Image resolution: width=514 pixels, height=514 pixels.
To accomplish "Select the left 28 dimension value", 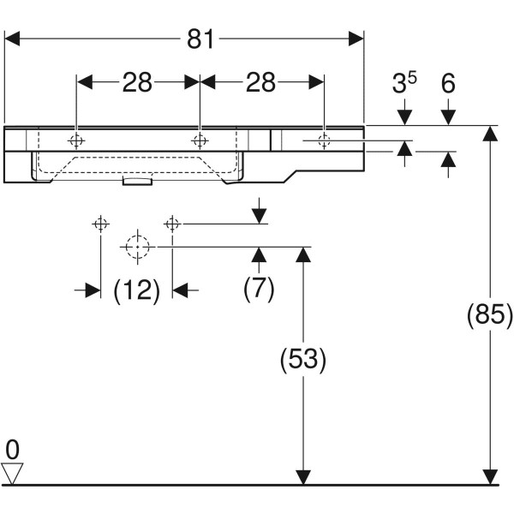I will [x=136, y=82].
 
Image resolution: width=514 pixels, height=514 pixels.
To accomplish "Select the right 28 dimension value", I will [x=261, y=82].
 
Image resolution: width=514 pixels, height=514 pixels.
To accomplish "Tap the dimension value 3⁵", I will [x=404, y=82].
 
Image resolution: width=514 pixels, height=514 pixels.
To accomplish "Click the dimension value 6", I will [x=447, y=82].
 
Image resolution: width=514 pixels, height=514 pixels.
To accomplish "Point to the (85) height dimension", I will [x=489, y=314].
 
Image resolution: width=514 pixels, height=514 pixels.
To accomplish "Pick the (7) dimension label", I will [x=259, y=290].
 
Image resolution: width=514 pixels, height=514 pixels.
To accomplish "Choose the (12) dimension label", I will [x=137, y=290].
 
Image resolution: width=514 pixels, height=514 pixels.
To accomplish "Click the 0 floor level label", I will [x=12, y=448].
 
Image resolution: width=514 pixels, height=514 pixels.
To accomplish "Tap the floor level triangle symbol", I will [x=13, y=472].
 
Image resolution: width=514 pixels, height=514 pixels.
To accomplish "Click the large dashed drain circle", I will [x=136, y=247].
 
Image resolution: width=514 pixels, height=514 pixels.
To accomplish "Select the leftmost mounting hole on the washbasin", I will [x=76, y=140].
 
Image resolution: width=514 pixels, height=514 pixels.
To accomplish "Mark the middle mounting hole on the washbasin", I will [x=200, y=140].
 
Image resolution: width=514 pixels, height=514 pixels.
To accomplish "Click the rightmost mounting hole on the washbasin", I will [x=323, y=140].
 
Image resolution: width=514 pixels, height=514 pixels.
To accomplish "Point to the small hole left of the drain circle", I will [x=100, y=224].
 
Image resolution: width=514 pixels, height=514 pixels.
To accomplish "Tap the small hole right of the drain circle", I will [x=172, y=224].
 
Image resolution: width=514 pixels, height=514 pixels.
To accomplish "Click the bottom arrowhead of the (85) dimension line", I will [x=489, y=476].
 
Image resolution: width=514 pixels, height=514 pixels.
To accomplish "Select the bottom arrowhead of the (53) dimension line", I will [x=302, y=476].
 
